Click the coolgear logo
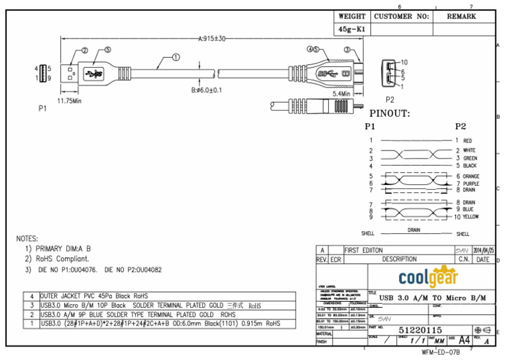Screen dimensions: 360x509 click(x=428, y=275)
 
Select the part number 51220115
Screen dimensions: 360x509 click(x=420, y=330)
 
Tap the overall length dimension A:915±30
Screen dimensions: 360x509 click(x=211, y=39)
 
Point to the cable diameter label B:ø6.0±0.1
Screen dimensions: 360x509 click(x=206, y=90)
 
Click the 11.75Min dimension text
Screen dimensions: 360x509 click(x=69, y=101)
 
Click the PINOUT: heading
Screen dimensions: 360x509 click(x=390, y=113)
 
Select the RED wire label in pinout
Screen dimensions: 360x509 click(x=467, y=141)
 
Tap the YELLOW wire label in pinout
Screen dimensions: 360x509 click(x=471, y=217)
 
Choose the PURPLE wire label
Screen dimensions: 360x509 click(x=471, y=184)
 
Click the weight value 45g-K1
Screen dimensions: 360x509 click(x=351, y=30)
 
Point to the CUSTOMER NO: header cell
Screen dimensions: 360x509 click(x=402, y=16)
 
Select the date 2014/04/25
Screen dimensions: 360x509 click(x=484, y=250)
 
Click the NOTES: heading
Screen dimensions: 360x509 click(x=27, y=238)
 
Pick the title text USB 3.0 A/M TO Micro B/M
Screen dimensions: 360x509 click(x=435, y=298)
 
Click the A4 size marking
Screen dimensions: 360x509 click(x=465, y=339)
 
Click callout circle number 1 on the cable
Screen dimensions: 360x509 click(x=176, y=57)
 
